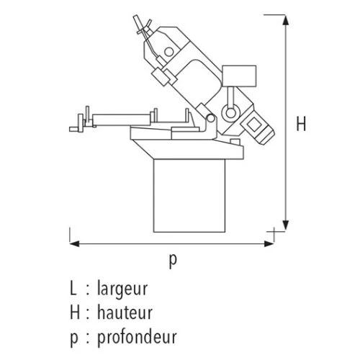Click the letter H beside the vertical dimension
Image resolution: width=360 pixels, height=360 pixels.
[301, 123]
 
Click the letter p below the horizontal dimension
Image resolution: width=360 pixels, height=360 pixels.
[173, 261]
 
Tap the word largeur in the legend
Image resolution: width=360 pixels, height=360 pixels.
[122, 289]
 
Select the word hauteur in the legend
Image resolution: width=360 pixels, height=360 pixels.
[125, 312]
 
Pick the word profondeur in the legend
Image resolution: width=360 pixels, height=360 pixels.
[137, 337]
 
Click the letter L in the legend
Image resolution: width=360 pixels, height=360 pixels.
[73, 288]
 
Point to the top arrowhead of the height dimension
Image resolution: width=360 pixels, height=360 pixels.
[285, 19]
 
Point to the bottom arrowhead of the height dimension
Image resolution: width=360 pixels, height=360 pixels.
[285, 225]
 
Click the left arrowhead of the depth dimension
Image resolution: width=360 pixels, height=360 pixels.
[74, 244]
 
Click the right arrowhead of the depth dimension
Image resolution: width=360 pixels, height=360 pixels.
[269, 244]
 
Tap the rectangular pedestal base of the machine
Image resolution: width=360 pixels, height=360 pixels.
[189, 196]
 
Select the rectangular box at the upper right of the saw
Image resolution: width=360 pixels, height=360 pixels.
[239, 76]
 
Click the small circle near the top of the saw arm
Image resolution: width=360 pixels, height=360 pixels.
[169, 52]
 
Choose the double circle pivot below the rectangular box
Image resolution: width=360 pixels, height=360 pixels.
[230, 113]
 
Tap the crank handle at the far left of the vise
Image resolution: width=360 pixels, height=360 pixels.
[77, 125]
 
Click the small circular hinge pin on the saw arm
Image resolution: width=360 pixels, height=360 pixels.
[211, 118]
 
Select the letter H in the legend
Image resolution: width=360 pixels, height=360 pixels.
[75, 312]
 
